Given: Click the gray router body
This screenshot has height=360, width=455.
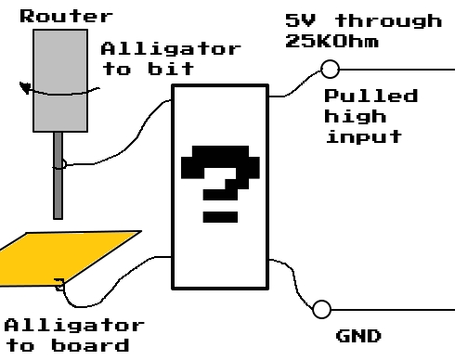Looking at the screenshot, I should [60, 79].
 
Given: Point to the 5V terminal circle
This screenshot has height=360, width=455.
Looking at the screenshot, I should [328, 68].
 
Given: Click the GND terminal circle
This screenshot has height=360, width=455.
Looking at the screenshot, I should [322, 310].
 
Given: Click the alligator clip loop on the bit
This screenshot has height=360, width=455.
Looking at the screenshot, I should [59, 166].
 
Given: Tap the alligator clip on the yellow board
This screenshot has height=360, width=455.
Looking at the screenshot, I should [59, 285].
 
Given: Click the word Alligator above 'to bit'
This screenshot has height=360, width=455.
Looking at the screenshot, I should [170, 48].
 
